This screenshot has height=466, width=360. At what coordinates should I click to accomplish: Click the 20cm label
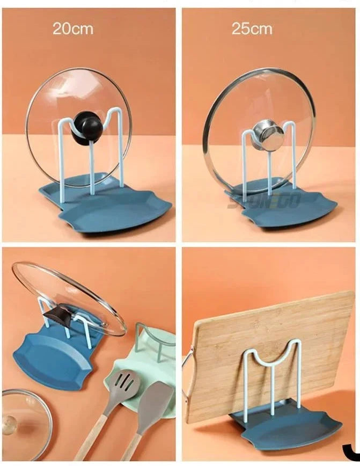pyautogui.click(x=72, y=29)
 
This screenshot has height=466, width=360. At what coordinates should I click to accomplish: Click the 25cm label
pyautogui.click(x=252, y=29)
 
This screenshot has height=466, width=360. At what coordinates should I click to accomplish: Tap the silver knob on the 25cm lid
pyautogui.click(x=268, y=136)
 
